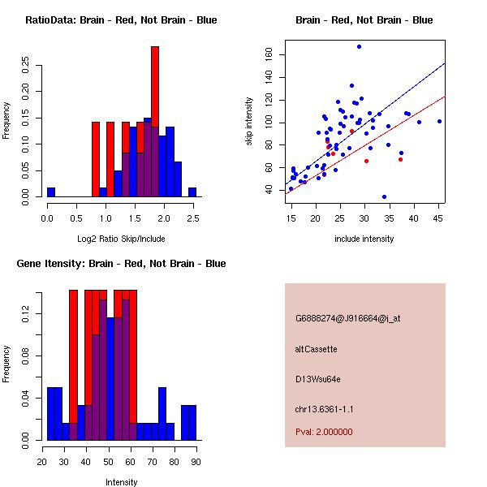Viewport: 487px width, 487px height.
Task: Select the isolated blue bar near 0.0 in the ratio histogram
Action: point(51,192)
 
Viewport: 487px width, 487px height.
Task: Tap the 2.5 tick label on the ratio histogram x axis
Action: point(192,219)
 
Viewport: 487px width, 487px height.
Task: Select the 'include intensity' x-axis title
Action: point(364,239)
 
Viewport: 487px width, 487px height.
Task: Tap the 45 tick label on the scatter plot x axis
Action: point(438,219)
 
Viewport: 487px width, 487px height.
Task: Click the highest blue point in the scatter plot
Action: point(359,46)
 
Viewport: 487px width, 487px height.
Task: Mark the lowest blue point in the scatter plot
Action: point(384,196)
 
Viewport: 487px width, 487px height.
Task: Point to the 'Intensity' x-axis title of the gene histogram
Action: point(121,482)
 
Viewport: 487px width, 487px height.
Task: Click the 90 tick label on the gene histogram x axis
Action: point(196,463)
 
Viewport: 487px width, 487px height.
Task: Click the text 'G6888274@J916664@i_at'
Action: point(347,318)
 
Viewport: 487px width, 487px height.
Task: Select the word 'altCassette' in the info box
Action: point(316,349)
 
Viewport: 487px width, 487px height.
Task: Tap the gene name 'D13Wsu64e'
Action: point(317,378)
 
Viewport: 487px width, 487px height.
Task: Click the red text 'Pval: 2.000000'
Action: point(324,432)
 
